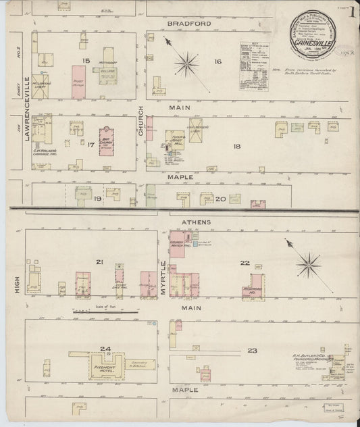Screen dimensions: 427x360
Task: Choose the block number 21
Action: tap(99, 261)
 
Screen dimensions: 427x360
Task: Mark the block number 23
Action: tap(252, 350)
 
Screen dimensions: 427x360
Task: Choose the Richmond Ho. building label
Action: tap(253, 287)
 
